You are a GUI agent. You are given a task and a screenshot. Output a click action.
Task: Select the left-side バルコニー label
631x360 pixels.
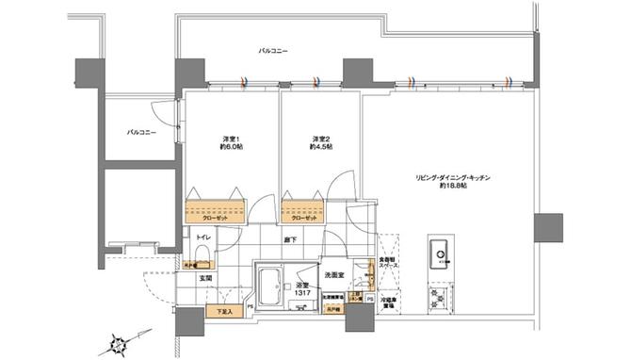pyautogui.click(x=141, y=133)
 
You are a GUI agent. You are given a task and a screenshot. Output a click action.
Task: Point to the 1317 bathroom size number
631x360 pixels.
pyautogui.click(x=301, y=294)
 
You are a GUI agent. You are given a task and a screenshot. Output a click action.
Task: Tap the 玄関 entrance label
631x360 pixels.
pyautogui.click(x=203, y=278)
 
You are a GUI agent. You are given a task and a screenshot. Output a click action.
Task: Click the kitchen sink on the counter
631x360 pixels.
pyautogui.click(x=440, y=254)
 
